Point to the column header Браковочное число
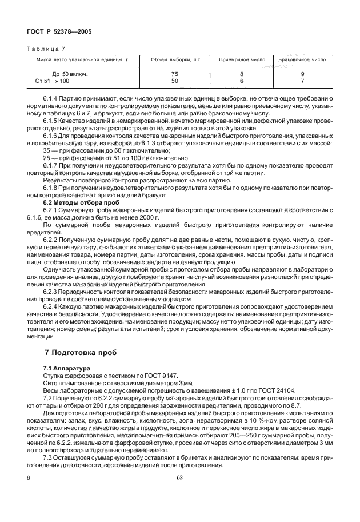coord(302,59)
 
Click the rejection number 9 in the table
coord(302,74)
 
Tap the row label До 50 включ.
coord(68,74)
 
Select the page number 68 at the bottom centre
coord(179,477)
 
